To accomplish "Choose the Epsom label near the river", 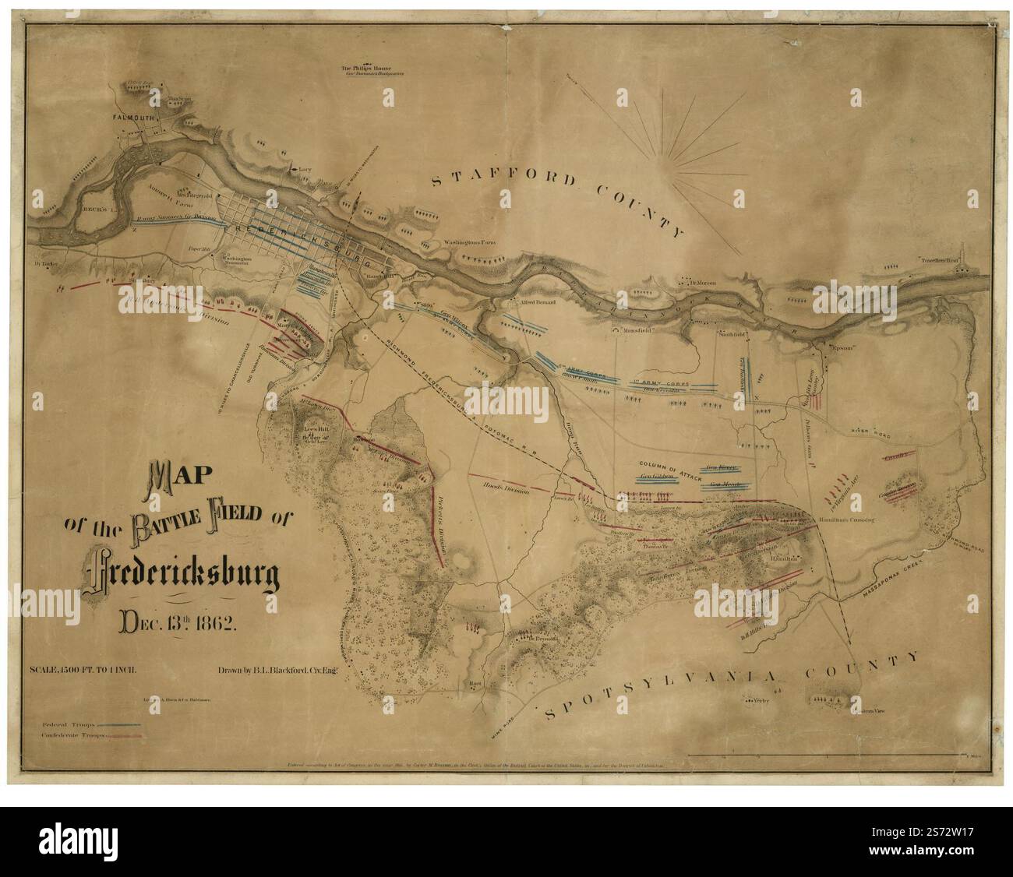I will coord(840,347).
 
